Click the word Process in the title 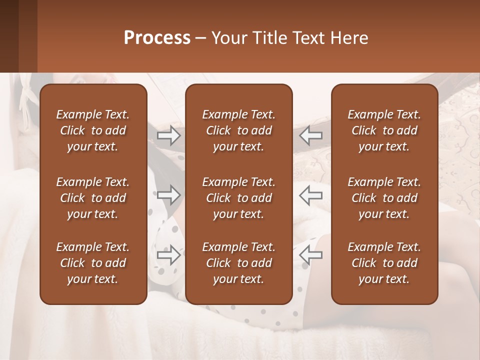(157, 38)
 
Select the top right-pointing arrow (168, 135)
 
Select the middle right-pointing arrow (168, 195)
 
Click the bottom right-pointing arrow (168, 254)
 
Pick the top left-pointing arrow (311, 135)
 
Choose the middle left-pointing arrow (311, 195)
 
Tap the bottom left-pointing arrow (311, 254)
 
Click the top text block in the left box (93, 130)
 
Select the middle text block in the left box (93, 198)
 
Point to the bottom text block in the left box (93, 263)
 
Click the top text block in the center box (238, 130)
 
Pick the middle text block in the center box (238, 198)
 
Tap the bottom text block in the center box (238, 263)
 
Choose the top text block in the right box (384, 130)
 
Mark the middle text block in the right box (384, 198)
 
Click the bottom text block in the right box (384, 263)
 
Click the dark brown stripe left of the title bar (9, 36)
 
